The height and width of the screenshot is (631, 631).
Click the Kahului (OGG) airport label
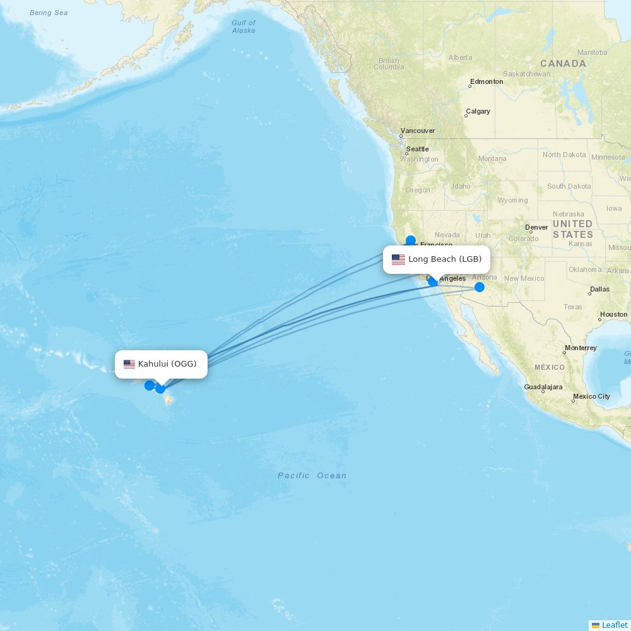tap(167, 364)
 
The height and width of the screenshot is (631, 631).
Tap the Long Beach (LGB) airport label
tap(444, 259)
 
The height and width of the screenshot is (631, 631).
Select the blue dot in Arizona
tap(480, 287)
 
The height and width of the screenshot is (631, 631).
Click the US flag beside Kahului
tap(129, 364)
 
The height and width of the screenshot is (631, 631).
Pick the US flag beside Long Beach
tap(398, 259)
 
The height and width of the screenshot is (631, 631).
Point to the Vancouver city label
tap(418, 131)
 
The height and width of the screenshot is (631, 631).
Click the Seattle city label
tap(417, 149)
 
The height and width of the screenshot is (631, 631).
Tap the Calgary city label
tap(478, 111)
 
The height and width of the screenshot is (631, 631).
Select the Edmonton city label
tap(487, 81)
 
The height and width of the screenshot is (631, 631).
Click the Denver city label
tap(536, 227)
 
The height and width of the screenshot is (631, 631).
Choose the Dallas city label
tap(599, 290)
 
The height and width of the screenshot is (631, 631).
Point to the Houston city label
tap(613, 314)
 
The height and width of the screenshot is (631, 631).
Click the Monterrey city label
tap(581, 348)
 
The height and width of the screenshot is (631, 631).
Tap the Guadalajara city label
tap(543, 387)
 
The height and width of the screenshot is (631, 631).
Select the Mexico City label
tap(591, 396)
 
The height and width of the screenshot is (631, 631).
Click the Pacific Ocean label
tap(312, 476)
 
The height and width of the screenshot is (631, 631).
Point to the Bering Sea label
tap(49, 13)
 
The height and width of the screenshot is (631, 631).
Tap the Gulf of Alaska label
tap(244, 27)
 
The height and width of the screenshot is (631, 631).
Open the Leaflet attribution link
tap(614, 625)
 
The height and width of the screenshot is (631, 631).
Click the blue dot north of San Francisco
tap(411, 240)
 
